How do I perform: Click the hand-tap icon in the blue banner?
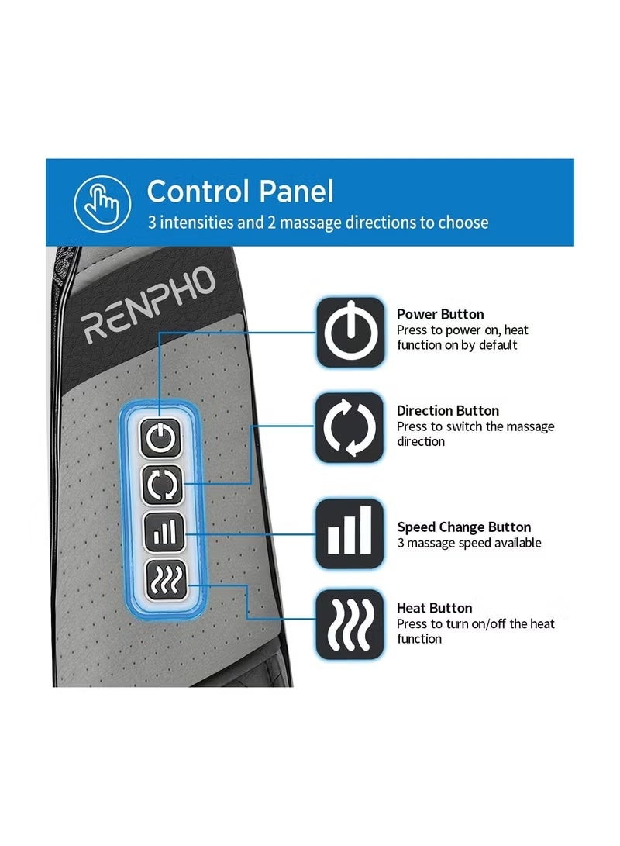click(x=102, y=203)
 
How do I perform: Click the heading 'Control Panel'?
click(x=240, y=192)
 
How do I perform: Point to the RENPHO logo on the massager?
click(x=148, y=305)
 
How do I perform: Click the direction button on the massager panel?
click(x=162, y=485)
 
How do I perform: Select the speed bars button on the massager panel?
click(x=164, y=533)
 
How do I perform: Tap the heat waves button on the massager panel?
click(x=167, y=579)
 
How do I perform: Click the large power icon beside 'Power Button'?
click(x=350, y=333)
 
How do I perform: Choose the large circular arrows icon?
click(x=350, y=428)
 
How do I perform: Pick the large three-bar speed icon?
click(x=350, y=533)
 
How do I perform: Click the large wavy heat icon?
click(x=350, y=625)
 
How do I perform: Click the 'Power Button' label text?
click(x=440, y=314)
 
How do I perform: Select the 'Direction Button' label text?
click(x=448, y=410)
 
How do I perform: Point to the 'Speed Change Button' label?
click(x=464, y=527)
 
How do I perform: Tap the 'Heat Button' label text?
click(x=435, y=608)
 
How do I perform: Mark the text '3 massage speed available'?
click(x=470, y=543)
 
